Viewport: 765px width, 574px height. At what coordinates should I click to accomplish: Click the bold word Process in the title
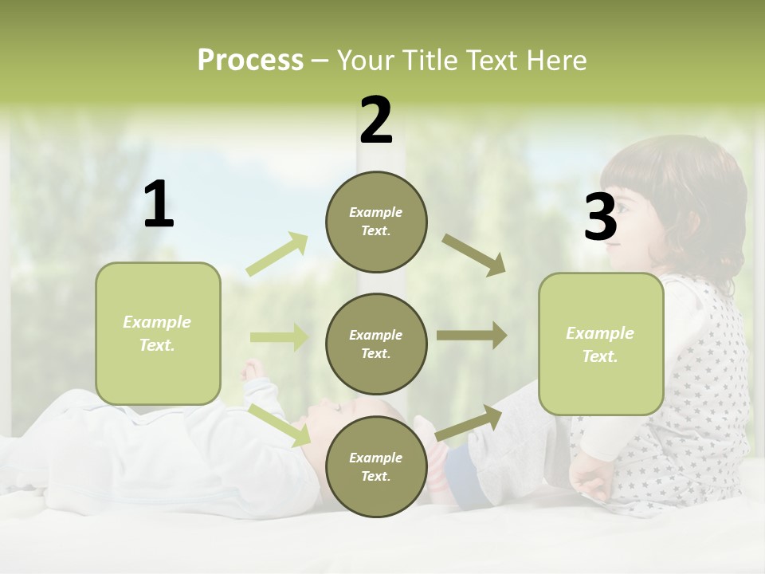pyautogui.click(x=250, y=60)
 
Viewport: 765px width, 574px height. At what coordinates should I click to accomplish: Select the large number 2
pyautogui.click(x=376, y=120)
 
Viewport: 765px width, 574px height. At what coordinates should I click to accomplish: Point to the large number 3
pyautogui.click(x=601, y=218)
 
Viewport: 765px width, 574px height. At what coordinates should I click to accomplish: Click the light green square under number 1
pyautogui.click(x=158, y=333)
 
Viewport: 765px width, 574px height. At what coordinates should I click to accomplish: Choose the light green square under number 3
pyautogui.click(x=601, y=344)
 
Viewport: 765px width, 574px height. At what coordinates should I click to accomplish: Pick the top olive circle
pyautogui.click(x=376, y=222)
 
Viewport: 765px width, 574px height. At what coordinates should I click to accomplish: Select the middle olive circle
pyautogui.click(x=376, y=344)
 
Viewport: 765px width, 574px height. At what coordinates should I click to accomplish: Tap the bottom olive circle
pyautogui.click(x=376, y=466)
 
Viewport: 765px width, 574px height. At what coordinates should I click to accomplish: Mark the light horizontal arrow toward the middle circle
pyautogui.click(x=279, y=337)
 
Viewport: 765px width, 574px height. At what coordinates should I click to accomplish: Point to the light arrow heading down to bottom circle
pyautogui.click(x=280, y=425)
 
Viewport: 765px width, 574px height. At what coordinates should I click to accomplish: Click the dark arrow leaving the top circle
pyautogui.click(x=474, y=254)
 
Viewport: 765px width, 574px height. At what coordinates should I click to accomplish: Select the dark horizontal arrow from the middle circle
pyautogui.click(x=471, y=335)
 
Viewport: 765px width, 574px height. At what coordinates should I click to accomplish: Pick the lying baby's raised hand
pyautogui.click(x=253, y=370)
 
